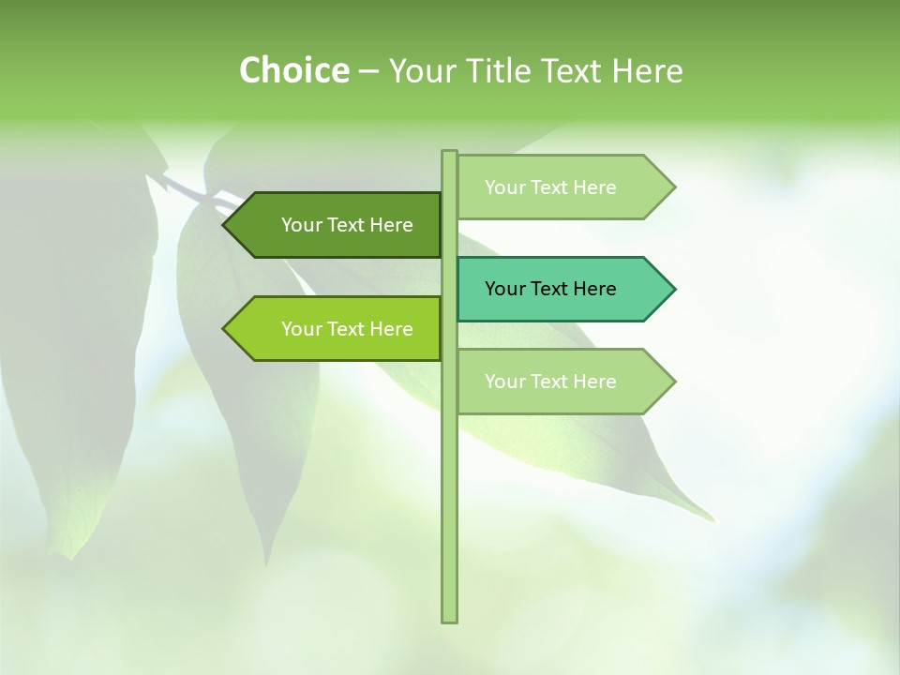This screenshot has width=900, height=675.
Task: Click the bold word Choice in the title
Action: (x=293, y=70)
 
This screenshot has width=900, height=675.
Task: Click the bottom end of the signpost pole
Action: (x=449, y=619)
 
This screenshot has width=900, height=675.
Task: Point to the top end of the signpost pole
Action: (x=449, y=153)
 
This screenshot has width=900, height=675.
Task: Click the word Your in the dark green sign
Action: (x=301, y=225)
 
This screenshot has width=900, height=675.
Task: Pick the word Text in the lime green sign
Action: (x=346, y=329)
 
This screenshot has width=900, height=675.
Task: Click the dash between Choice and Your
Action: (x=368, y=71)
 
